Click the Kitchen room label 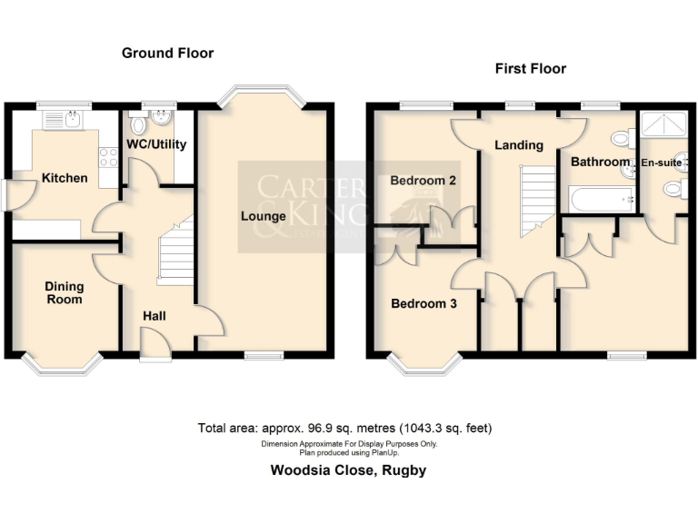click(x=65, y=178)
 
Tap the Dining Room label click(x=64, y=292)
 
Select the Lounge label click(x=264, y=216)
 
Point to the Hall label click(x=155, y=315)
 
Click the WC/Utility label click(x=150, y=143)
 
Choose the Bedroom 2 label click(x=423, y=181)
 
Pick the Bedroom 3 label click(x=423, y=304)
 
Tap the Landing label click(x=518, y=144)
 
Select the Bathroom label click(x=600, y=163)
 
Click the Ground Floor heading click(x=168, y=54)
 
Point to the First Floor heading click(x=530, y=69)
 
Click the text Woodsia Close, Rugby click(x=348, y=470)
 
